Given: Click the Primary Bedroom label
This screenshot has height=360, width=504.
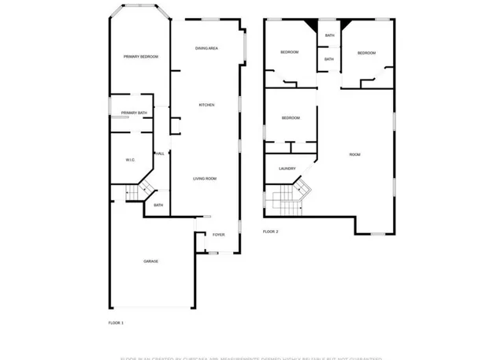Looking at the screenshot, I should (141, 57).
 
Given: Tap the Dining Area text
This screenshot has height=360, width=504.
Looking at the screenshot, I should (206, 49).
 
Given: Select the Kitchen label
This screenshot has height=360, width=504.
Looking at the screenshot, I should (206, 105).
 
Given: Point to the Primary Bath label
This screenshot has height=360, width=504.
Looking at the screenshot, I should (134, 113).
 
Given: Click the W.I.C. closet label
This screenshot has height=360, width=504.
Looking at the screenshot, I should (131, 160).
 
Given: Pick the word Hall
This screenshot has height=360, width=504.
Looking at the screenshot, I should (160, 154).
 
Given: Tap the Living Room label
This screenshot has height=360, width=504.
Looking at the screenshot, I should (205, 179).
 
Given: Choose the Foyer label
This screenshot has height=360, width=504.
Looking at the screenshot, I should (219, 235).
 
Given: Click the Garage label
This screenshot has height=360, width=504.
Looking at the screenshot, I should (150, 261).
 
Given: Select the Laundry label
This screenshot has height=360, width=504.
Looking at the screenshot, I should (287, 169).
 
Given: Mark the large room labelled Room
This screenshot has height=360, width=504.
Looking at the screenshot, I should (355, 154).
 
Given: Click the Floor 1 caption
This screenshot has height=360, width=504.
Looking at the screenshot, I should (116, 323).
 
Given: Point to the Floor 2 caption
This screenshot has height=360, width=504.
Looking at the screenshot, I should (271, 232).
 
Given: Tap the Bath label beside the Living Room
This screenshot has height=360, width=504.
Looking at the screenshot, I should (158, 206).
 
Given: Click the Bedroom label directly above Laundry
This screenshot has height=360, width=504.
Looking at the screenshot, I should (291, 118).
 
